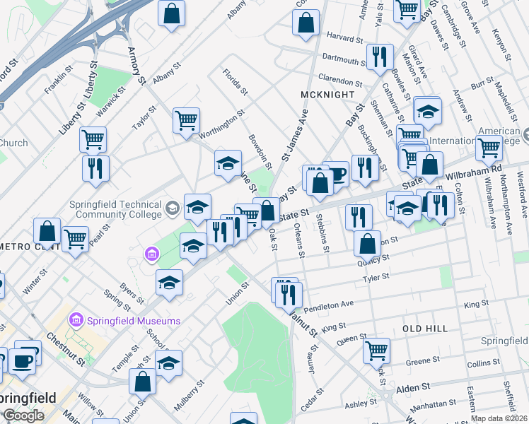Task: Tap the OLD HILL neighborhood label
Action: pyautogui.click(x=426, y=329)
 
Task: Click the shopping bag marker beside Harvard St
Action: pyautogui.click(x=305, y=22)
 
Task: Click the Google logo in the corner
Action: pyautogui.click(x=23, y=416)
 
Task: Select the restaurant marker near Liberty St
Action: pyautogui.click(x=94, y=168)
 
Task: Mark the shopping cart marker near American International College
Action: pyautogui.click(x=489, y=148)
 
